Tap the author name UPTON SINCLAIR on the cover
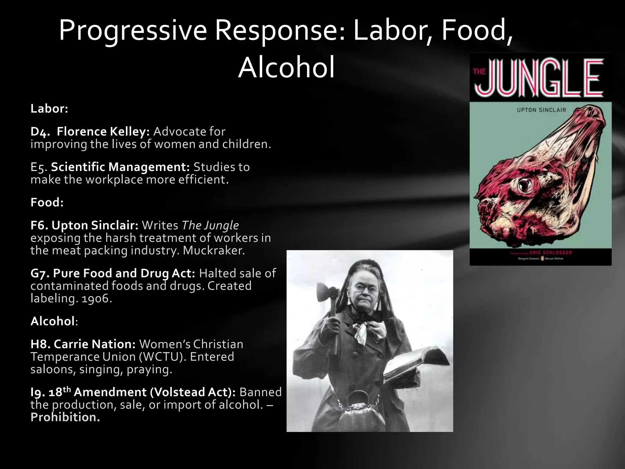coord(541,110)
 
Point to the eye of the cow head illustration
coord(526,184)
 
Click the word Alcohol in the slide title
coord(286,68)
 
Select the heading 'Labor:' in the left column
coord(49,109)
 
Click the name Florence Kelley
coord(103,132)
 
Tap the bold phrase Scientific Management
coord(120,167)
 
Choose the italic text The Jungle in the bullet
coord(210,225)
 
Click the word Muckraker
coord(214,250)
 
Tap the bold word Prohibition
coord(65,417)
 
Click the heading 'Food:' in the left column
coord(47,202)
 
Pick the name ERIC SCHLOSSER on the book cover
coord(550,253)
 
